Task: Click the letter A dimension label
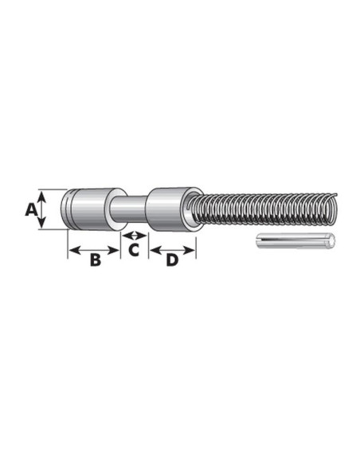(x=29, y=209)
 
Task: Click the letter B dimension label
(x=94, y=260)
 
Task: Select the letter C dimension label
(x=134, y=250)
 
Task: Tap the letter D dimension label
(x=172, y=260)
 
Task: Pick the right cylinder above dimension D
(x=169, y=209)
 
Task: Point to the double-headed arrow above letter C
(x=134, y=236)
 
